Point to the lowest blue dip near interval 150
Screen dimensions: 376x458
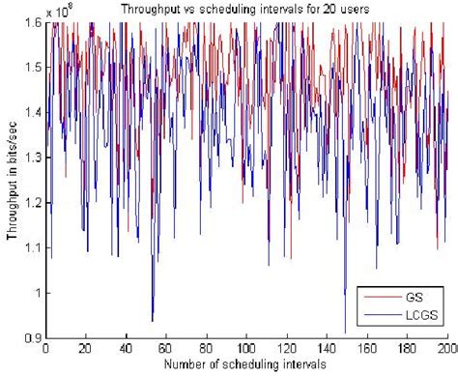pyautogui.click(x=345, y=332)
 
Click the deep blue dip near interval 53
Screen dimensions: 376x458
pyautogui.click(x=152, y=320)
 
